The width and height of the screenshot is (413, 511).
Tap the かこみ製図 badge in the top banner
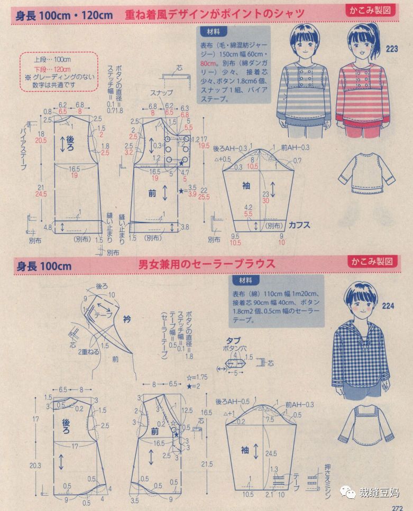tap(372, 10)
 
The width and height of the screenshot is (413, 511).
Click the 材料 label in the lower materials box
tap(242, 280)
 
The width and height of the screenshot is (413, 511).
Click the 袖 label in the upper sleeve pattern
tap(245, 185)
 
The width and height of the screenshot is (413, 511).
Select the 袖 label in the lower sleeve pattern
tap(245, 450)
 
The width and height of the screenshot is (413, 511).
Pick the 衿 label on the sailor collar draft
tap(126, 319)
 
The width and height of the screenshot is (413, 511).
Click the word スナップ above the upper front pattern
tap(161, 92)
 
